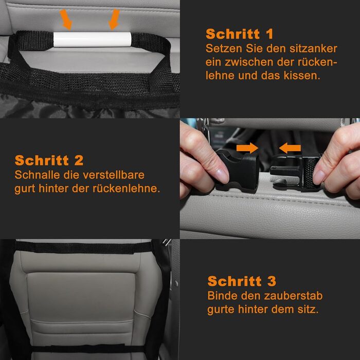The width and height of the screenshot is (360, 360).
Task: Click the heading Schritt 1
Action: [x=240, y=34]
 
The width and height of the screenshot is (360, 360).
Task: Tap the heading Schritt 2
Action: [x=49, y=160]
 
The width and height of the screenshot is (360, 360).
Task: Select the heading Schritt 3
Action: [x=242, y=281]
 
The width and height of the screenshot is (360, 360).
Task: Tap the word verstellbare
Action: [x=114, y=175]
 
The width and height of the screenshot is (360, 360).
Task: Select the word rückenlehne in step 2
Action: [x=126, y=189]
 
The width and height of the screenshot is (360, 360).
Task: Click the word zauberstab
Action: [x=293, y=296]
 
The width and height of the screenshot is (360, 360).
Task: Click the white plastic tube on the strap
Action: [x=92, y=40]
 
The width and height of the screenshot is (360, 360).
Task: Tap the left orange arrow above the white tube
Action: [x=66, y=20]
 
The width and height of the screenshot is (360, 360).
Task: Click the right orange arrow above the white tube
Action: [x=114, y=20]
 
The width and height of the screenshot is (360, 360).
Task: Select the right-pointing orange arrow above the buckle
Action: [x=247, y=148]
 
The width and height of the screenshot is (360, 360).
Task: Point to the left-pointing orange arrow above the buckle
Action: [x=290, y=148]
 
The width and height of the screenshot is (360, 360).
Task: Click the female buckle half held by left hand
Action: [x=238, y=169]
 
